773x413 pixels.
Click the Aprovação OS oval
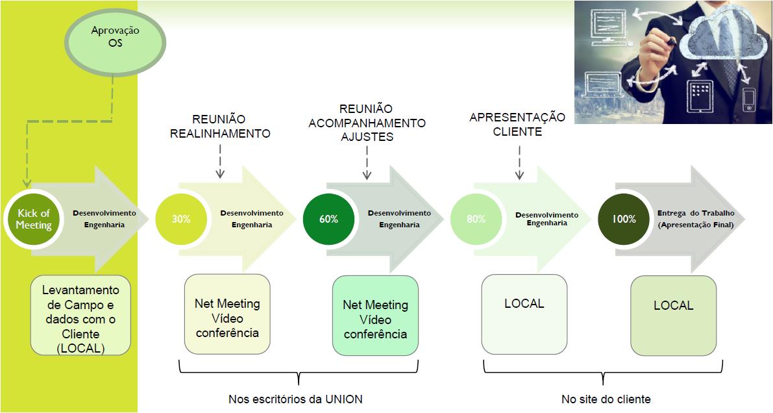pyautogui.click(x=115, y=42)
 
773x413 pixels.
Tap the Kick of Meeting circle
pyautogui.click(x=34, y=219)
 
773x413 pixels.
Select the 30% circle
pyautogui.click(x=181, y=219)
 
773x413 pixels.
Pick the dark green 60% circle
pyautogui.click(x=328, y=219)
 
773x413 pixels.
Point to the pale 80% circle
pyautogui.click(x=476, y=219)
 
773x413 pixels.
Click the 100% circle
pyautogui.click(x=624, y=219)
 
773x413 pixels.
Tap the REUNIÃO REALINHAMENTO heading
pyautogui.click(x=220, y=127)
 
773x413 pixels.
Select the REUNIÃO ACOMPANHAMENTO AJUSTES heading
pyautogui.click(x=367, y=123)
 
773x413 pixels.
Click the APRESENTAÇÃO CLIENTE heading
pyautogui.click(x=517, y=124)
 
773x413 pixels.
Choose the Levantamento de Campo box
pyautogui.click(x=80, y=315)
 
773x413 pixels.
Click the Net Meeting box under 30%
pyautogui.click(x=227, y=314)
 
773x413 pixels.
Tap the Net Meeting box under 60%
pyautogui.click(x=375, y=316)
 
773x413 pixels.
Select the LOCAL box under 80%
pyautogui.click(x=524, y=314)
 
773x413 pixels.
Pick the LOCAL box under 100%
pyautogui.click(x=674, y=316)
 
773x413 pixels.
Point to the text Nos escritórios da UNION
pyautogui.click(x=295, y=399)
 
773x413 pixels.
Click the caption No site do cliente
pyautogui.click(x=606, y=399)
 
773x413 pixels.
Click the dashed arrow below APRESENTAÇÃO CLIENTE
pyautogui.click(x=519, y=162)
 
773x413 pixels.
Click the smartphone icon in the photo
pyautogui.click(x=748, y=100)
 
